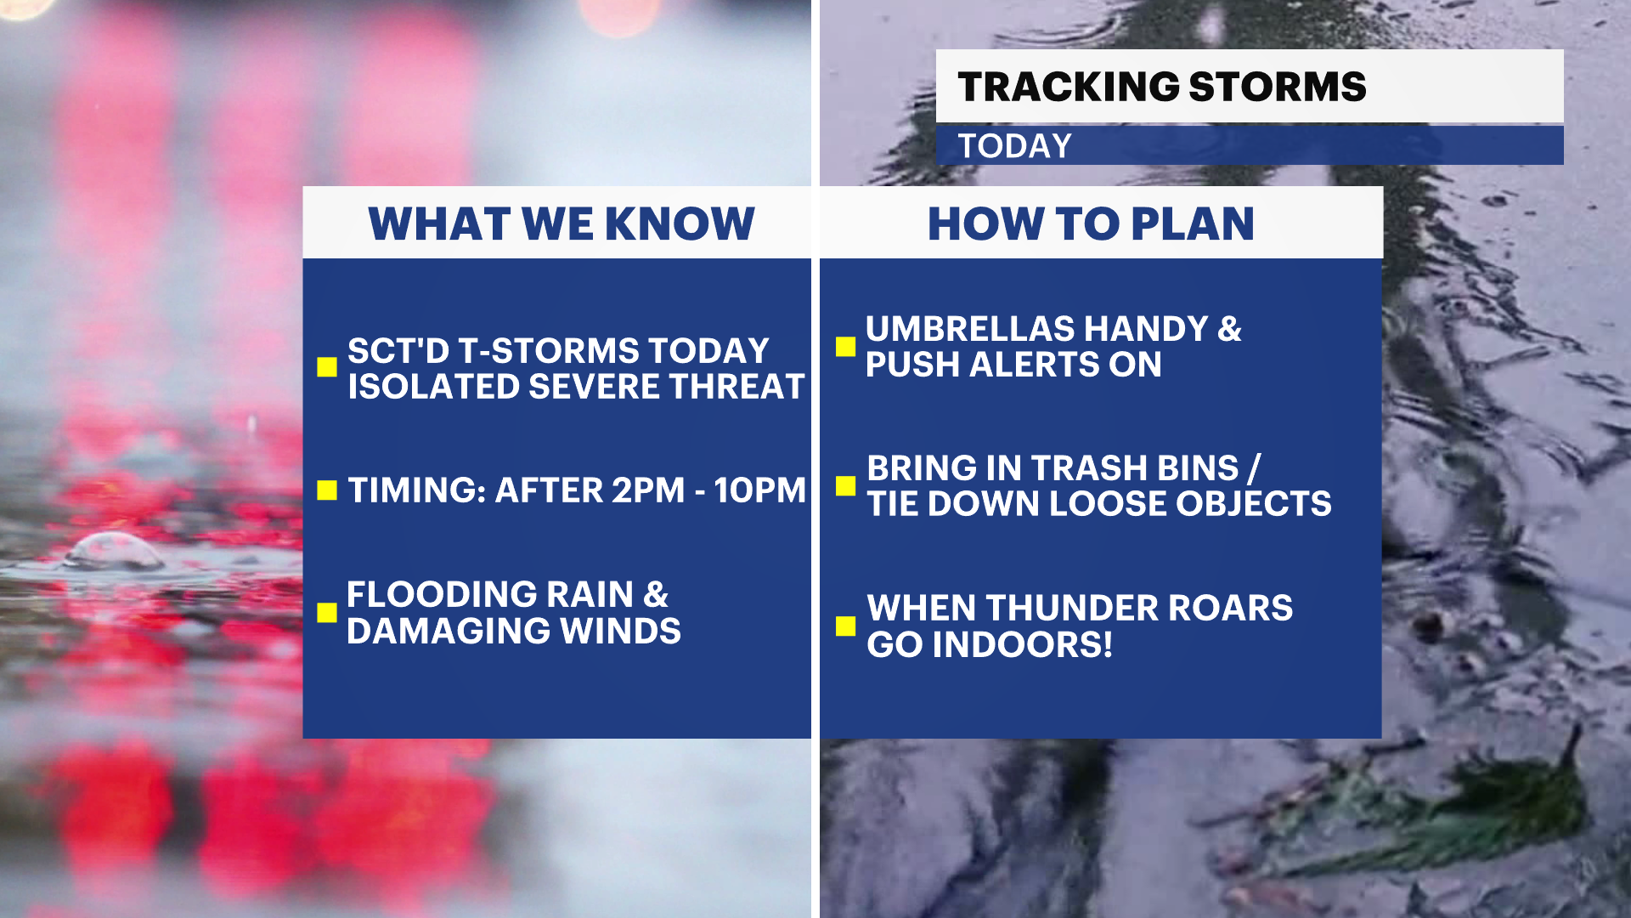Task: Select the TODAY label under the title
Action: pyautogui.click(x=1015, y=146)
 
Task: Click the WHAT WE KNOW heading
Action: pyautogui.click(x=562, y=224)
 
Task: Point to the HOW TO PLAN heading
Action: pyautogui.click(x=1091, y=224)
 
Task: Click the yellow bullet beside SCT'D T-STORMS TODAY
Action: pyautogui.click(x=327, y=366)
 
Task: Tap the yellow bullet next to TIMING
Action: pyautogui.click(x=327, y=490)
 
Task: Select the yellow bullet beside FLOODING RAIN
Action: pyautogui.click(x=327, y=613)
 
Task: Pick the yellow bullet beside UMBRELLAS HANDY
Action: pyautogui.click(x=845, y=346)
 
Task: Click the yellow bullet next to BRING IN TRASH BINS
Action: pyautogui.click(x=845, y=485)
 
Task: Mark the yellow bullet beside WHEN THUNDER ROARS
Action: pyautogui.click(x=845, y=626)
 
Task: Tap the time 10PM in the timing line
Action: pyautogui.click(x=759, y=490)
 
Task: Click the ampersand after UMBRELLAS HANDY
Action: pyautogui.click(x=1229, y=329)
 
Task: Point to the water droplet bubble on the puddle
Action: pyautogui.click(x=115, y=551)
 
